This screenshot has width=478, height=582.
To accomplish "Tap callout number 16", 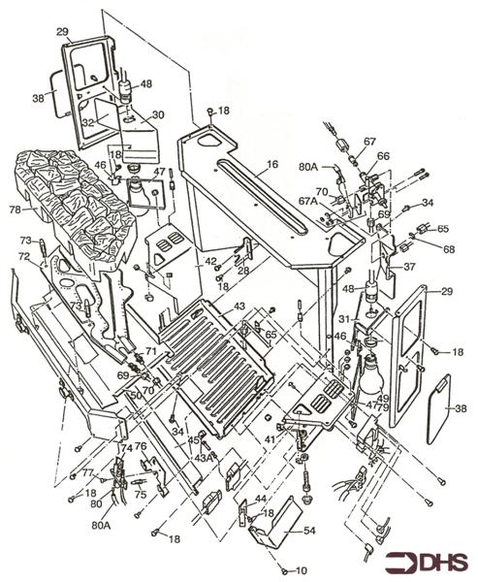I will click(x=271, y=166).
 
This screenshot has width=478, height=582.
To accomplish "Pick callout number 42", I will click(x=211, y=263).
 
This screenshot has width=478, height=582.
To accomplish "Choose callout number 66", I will click(x=383, y=155).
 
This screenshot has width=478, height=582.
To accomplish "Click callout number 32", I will click(x=88, y=123).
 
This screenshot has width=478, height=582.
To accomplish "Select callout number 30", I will click(x=158, y=114).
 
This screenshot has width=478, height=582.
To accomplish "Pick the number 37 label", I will click(x=409, y=266).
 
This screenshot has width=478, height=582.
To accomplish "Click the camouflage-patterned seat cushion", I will click(x=73, y=204).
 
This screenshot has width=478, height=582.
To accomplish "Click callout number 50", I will click(x=136, y=398).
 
